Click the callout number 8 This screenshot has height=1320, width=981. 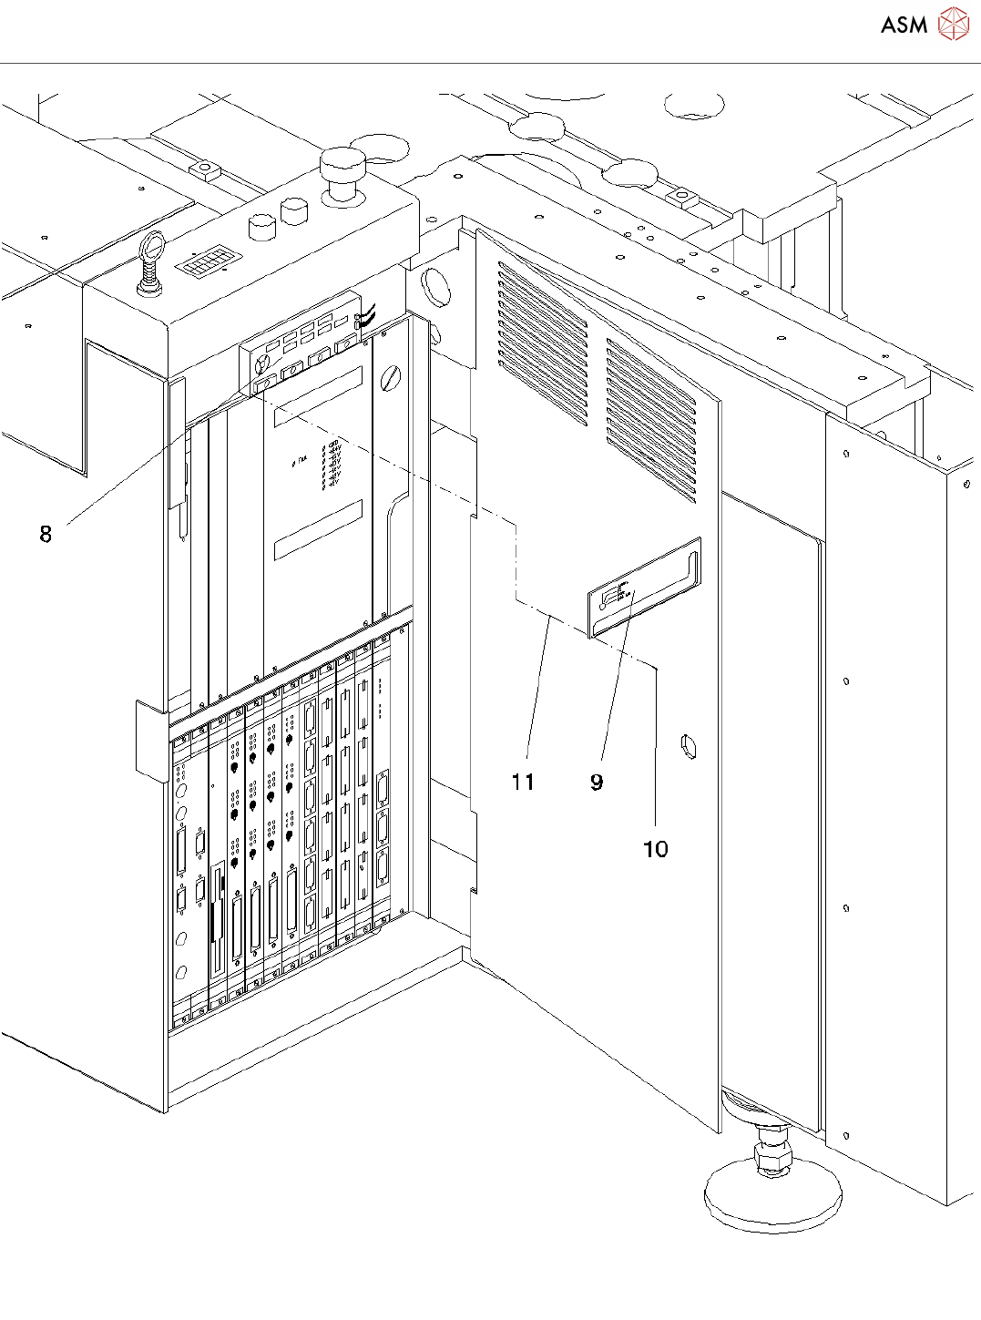click(46, 534)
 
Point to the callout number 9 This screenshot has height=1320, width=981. click(597, 782)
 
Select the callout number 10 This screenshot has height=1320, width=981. click(655, 849)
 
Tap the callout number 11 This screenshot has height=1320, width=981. click(523, 782)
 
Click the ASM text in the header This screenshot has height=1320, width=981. click(904, 25)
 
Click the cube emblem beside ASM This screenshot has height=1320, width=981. click(954, 24)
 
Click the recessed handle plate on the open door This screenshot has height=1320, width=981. click(645, 587)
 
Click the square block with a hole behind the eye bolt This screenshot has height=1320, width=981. click(206, 169)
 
